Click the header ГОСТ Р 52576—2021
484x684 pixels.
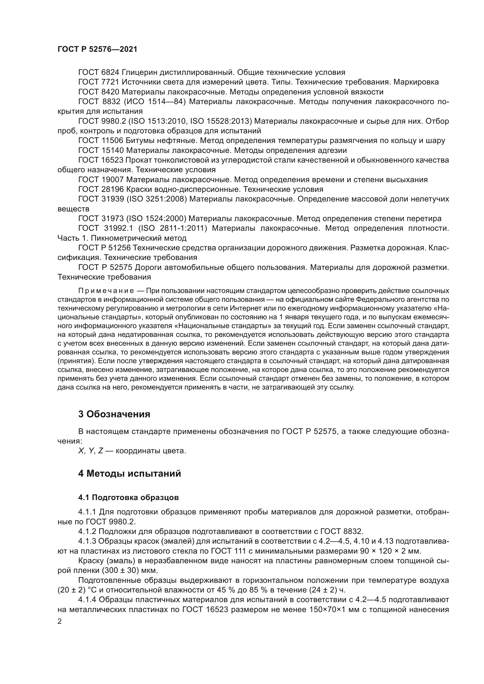(x=97, y=49)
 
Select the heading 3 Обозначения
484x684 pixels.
(x=114, y=414)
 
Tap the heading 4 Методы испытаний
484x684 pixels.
(x=129, y=473)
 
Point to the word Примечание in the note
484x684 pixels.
(x=106, y=291)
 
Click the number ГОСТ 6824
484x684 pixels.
(x=99, y=73)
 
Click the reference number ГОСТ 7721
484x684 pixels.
(x=99, y=82)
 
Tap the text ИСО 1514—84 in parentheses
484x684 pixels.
(x=157, y=101)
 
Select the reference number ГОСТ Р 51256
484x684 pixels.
(x=105, y=248)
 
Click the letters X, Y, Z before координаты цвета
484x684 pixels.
(x=91, y=451)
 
